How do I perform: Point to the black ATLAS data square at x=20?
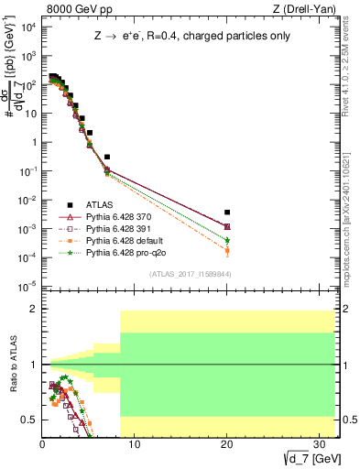[x=226, y=213]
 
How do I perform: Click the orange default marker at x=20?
[x=226, y=250]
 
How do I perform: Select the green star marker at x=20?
[x=226, y=240]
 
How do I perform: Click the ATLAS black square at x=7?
[x=107, y=157]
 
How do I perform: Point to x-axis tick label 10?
[x=134, y=443]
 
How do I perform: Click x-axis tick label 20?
[x=226, y=443]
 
